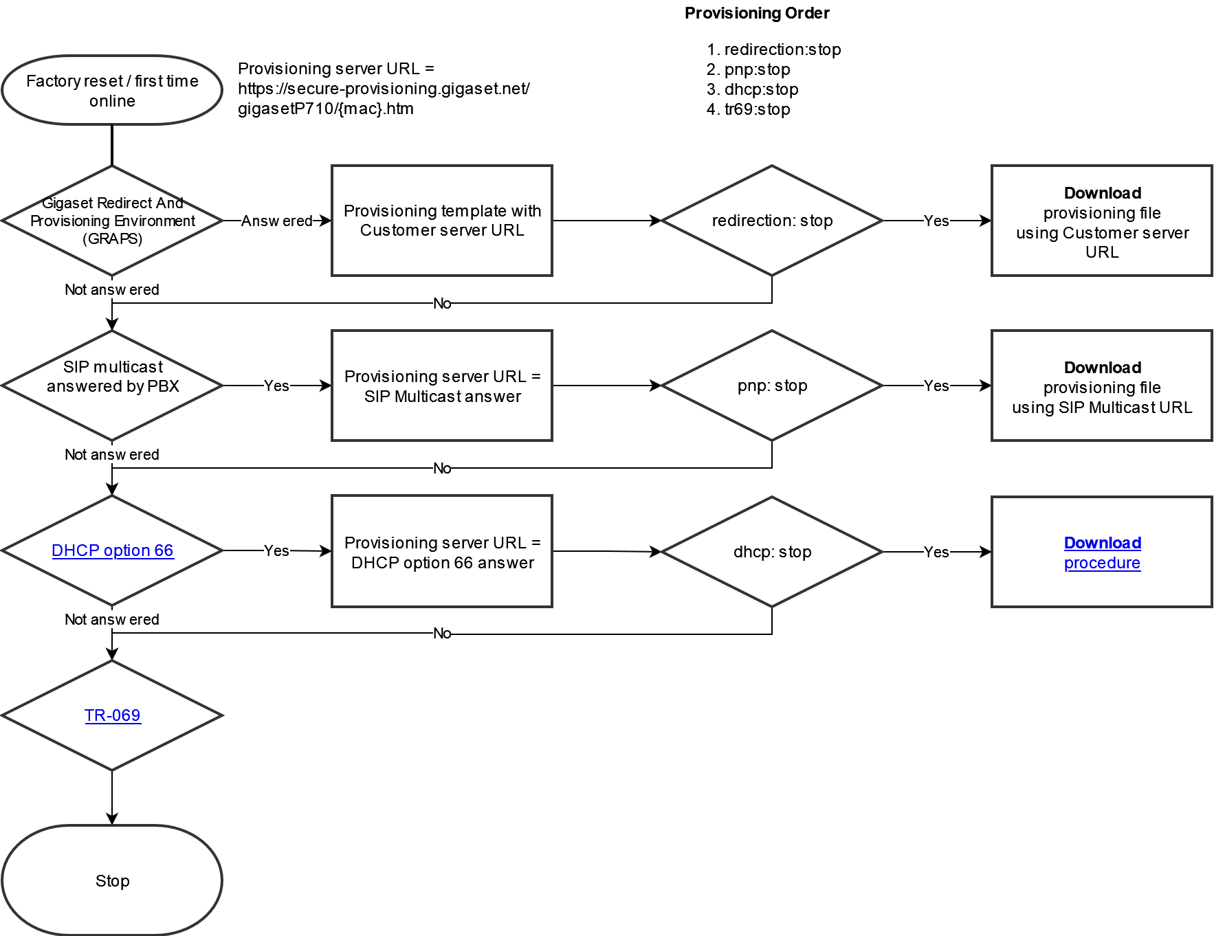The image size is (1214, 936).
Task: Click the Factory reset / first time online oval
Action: pos(112,90)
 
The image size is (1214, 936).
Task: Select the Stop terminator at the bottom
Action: pos(112,880)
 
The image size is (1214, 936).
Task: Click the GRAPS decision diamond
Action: pos(112,221)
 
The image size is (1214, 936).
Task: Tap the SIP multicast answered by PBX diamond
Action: pos(112,386)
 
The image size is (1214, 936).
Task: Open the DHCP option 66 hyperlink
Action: pos(112,550)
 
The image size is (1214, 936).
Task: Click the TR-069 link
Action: pos(112,715)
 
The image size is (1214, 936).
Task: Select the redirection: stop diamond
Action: pos(772,221)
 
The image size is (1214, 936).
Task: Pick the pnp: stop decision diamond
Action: pos(772,386)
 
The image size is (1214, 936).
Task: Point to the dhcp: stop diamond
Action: pos(772,552)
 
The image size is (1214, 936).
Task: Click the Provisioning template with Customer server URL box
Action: pos(442,221)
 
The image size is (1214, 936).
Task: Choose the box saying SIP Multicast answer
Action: pos(442,386)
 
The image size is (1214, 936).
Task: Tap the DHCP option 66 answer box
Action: pos(442,551)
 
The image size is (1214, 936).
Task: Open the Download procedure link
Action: pos(1102,553)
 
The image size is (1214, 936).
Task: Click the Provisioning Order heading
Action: pos(757,13)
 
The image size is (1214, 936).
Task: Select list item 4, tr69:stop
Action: pos(749,109)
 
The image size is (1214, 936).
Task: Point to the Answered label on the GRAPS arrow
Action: pos(276,221)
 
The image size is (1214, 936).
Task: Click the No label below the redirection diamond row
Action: pos(442,303)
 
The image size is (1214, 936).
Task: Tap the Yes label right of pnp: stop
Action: pos(936,386)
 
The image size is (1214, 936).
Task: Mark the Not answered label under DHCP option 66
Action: pos(112,619)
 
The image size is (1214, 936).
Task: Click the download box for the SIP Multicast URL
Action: pos(1102,386)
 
